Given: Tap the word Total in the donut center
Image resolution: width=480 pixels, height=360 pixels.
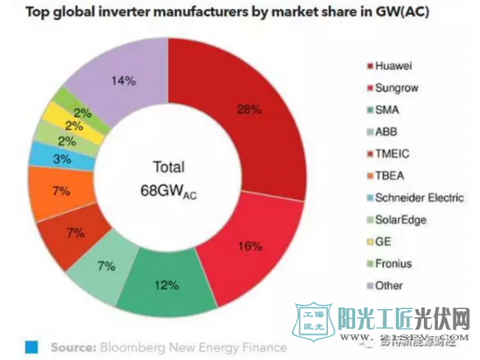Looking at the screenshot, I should [168, 167].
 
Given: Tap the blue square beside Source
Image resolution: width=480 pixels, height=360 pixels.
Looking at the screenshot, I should [31, 345].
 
